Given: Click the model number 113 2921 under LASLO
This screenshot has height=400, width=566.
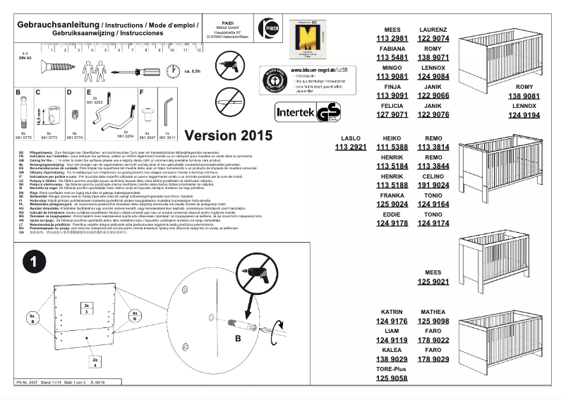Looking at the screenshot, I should [x=350, y=147].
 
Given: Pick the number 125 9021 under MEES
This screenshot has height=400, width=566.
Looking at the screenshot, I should [x=433, y=281].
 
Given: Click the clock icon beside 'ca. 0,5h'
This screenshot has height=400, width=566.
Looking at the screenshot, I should [x=172, y=71].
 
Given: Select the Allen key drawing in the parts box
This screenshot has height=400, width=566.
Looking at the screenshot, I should [x=167, y=111].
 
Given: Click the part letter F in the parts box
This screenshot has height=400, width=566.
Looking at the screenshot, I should [x=142, y=92].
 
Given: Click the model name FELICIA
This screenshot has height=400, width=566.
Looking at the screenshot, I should [x=392, y=104].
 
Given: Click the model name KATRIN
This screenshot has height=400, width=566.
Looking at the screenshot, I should [x=392, y=311].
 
